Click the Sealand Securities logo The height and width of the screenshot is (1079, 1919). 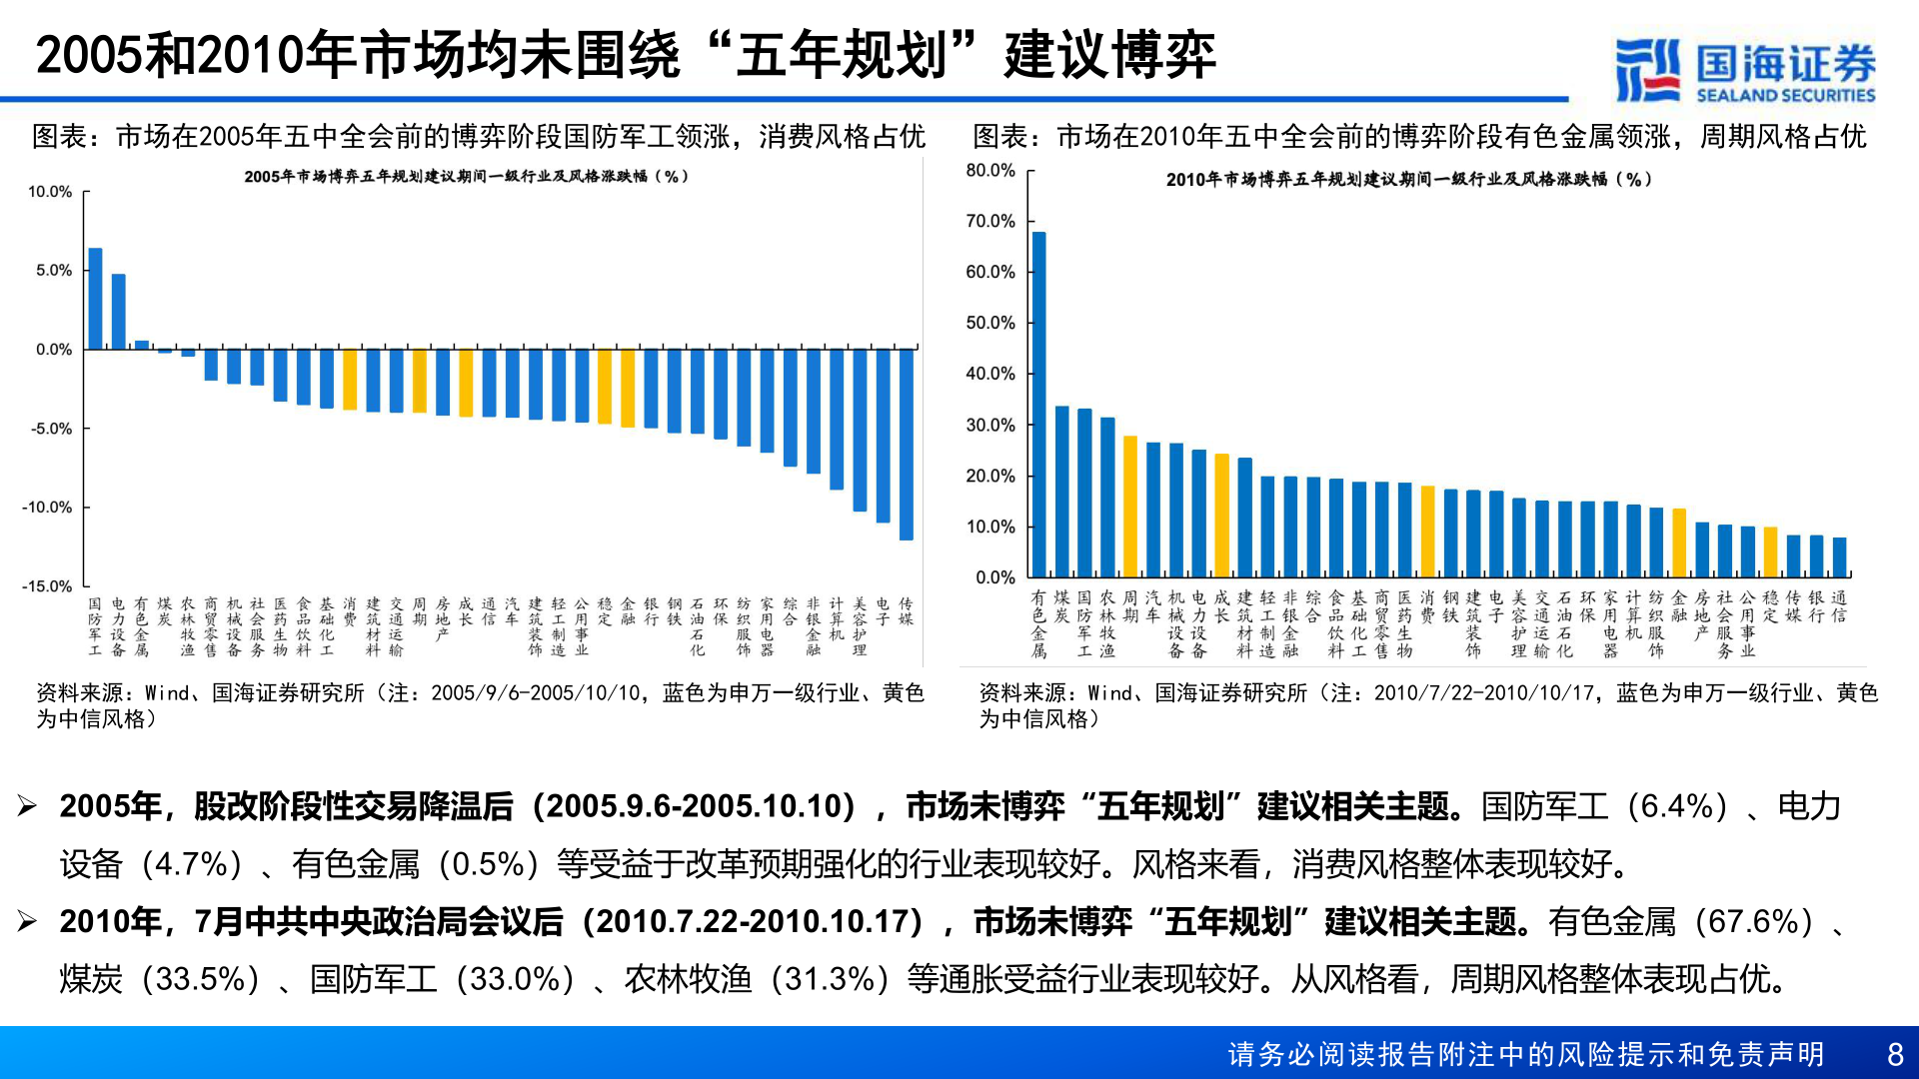tap(1744, 70)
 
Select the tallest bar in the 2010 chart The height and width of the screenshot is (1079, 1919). tap(1038, 405)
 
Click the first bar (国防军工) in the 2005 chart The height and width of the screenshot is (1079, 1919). tap(95, 299)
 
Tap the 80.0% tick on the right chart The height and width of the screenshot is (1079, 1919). tap(989, 171)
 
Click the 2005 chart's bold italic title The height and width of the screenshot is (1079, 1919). tap(466, 177)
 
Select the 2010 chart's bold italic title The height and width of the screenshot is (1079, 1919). tap(1408, 180)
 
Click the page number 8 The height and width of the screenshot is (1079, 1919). tap(1894, 1054)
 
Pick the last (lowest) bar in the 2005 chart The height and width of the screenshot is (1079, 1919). tap(906, 445)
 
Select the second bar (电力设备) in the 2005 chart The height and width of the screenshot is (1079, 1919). tap(118, 312)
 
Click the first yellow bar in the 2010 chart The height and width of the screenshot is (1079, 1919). tap(1130, 507)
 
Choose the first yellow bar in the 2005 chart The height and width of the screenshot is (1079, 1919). tap(350, 380)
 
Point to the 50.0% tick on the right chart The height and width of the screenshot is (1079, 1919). tap(989, 323)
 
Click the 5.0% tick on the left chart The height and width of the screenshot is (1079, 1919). tap(54, 271)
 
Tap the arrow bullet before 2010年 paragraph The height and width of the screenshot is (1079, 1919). tap(27, 921)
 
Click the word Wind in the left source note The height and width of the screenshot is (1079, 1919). tap(167, 693)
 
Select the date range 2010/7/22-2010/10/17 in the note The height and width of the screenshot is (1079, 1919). tap(1484, 693)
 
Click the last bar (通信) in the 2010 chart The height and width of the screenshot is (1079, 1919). tap(1839, 557)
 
